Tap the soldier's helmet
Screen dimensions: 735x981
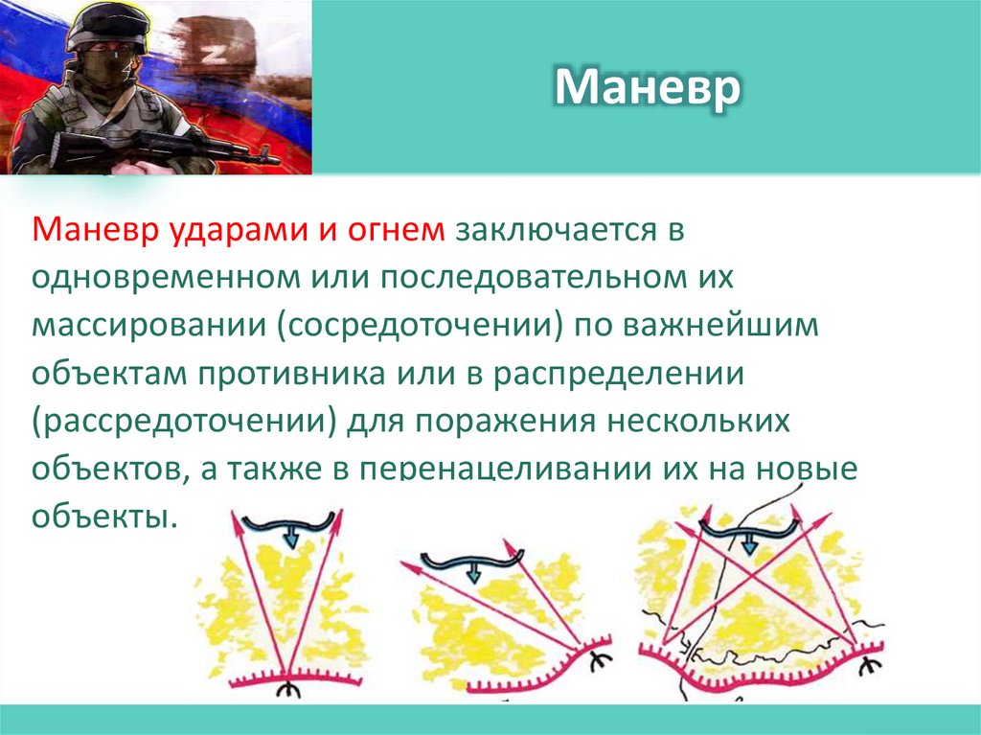click(x=104, y=23)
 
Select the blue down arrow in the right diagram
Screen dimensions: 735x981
click(x=749, y=544)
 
